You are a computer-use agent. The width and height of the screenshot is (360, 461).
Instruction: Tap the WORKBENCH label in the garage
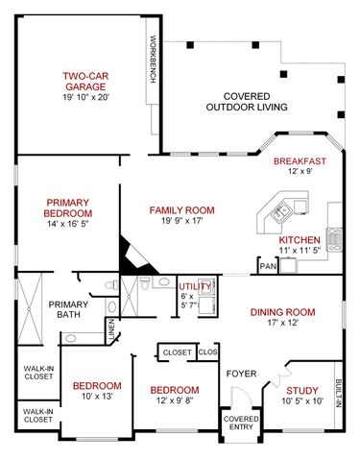point(153,60)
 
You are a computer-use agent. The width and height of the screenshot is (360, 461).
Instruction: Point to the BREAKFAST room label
point(300,160)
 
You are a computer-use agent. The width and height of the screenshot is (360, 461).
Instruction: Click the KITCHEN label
point(299,239)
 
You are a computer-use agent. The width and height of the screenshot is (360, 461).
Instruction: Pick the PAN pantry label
point(265,266)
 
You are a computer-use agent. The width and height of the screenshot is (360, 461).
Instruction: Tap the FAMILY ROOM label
point(181,209)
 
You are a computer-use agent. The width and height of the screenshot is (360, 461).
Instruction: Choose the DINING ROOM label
point(282,311)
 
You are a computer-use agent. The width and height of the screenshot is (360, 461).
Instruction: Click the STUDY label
point(300,390)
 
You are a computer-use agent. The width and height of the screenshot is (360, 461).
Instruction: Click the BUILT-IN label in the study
point(339,394)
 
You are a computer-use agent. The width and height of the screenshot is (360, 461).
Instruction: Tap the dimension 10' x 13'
point(97,397)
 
